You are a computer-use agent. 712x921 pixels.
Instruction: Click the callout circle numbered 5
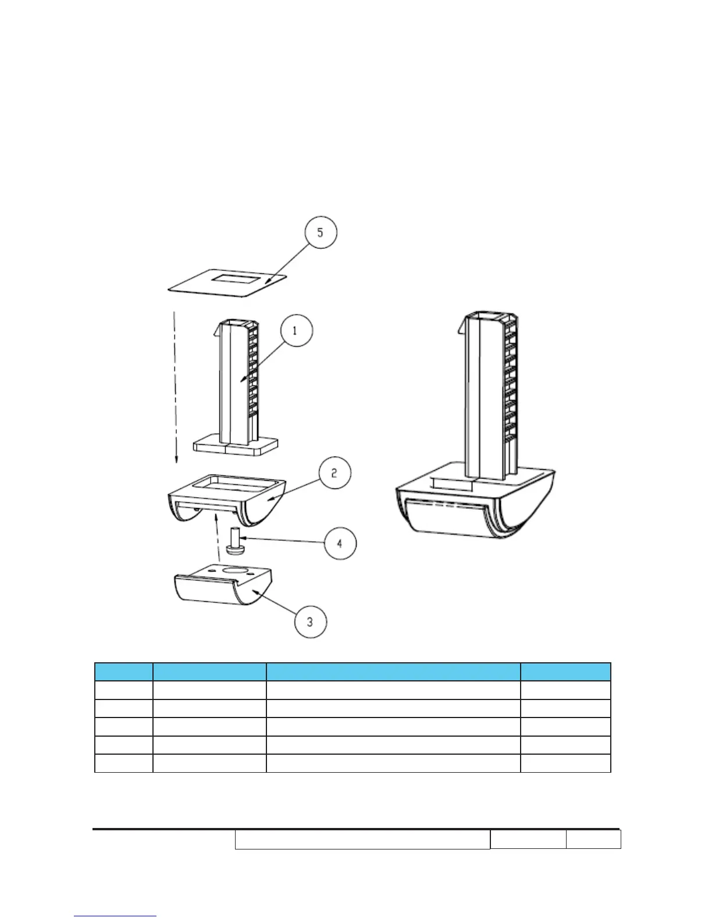(320, 233)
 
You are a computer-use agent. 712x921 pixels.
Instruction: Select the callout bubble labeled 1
(296, 331)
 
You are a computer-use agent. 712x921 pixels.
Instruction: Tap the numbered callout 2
(334, 473)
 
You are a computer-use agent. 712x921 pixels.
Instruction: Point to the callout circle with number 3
(310, 622)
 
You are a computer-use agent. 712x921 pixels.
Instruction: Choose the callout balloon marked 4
(340, 543)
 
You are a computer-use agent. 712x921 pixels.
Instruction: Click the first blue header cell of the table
(123, 672)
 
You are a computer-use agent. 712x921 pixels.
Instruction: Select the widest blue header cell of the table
(393, 672)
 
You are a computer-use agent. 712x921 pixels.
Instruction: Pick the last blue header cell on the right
(565, 672)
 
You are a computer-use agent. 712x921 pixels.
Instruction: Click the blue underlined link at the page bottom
(115, 915)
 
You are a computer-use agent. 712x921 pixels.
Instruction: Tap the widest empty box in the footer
(362, 840)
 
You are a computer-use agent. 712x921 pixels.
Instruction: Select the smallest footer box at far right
(593, 840)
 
